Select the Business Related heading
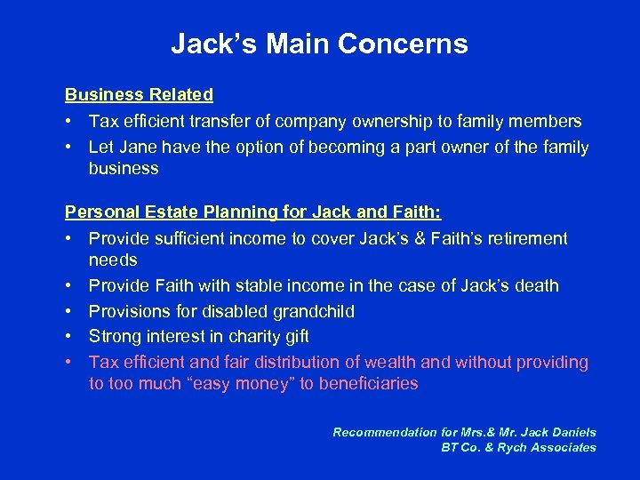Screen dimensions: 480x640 click(x=139, y=94)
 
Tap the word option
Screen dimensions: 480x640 click(x=260, y=147)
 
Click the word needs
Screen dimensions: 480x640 click(x=113, y=260)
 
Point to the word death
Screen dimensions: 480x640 click(x=538, y=286)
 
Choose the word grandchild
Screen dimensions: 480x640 click(x=311, y=311)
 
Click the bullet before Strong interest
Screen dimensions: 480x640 click(x=68, y=337)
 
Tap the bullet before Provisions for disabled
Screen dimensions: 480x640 click(x=68, y=311)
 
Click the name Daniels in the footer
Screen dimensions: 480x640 click(x=568, y=433)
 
